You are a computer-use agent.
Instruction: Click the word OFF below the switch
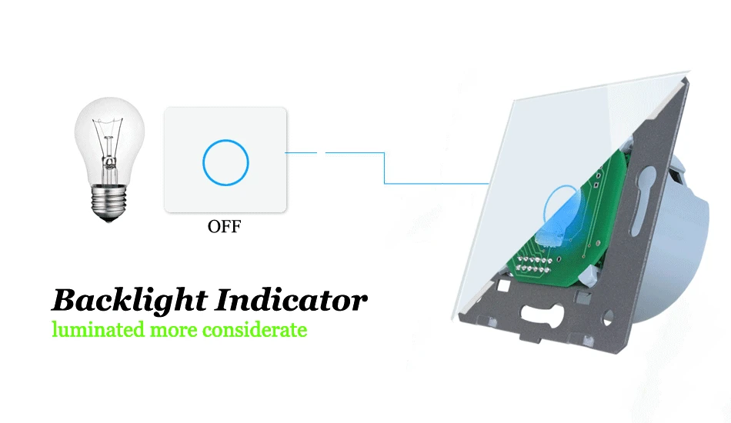[224, 226]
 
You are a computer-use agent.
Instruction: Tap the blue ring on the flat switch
[225, 140]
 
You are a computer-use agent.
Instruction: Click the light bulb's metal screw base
[109, 202]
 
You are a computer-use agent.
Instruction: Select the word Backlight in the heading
[129, 301]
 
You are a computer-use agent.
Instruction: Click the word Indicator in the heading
[291, 300]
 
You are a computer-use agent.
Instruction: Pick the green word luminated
[98, 329]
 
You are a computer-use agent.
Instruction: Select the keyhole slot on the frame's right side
[642, 200]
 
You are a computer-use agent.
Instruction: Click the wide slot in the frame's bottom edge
[542, 312]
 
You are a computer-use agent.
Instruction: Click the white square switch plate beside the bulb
[225, 160]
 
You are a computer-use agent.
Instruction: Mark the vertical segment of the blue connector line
[384, 168]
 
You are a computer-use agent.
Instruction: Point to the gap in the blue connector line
[321, 152]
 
